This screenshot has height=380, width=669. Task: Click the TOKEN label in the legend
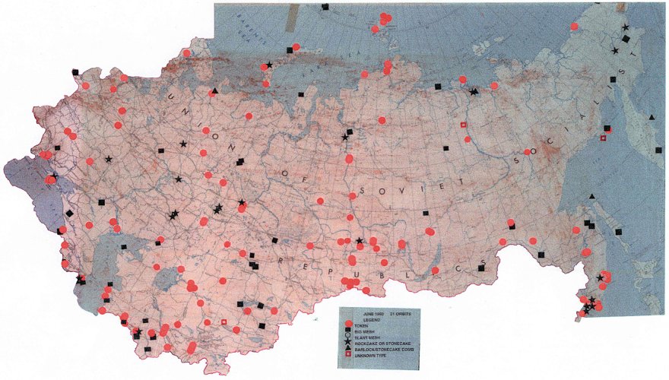361,326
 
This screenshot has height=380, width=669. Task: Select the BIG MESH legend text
364,332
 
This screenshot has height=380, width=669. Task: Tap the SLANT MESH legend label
367,337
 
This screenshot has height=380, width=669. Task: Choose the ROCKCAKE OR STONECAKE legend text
382,344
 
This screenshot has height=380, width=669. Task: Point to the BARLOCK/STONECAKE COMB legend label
384,350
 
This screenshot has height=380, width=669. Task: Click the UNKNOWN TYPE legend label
370,356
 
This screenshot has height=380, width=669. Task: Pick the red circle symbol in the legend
349,323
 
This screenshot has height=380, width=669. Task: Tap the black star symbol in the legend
348,342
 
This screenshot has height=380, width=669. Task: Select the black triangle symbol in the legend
348,349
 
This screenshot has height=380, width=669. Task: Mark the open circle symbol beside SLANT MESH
348,335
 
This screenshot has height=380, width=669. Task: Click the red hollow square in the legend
348,354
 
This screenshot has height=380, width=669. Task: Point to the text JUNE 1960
373,314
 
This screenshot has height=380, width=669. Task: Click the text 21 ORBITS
401,314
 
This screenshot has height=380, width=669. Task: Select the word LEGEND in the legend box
372,320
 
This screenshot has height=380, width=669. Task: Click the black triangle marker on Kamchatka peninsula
653,118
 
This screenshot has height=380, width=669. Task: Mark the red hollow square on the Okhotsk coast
604,138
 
